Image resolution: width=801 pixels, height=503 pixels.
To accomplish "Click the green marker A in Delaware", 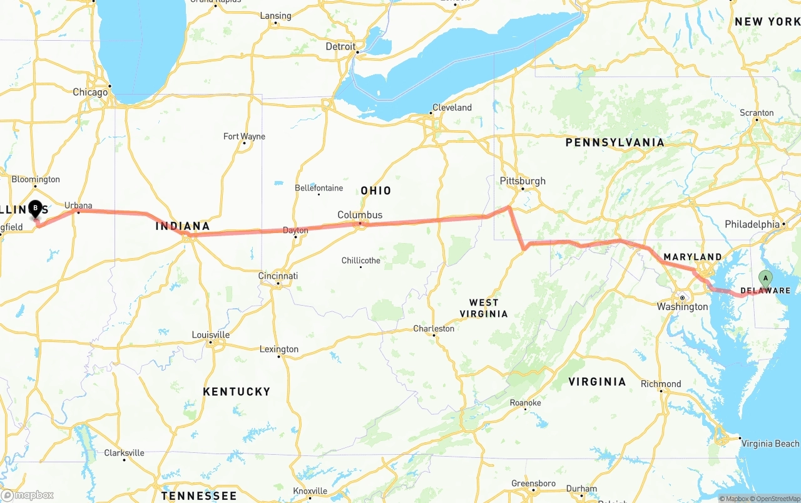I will tap(765, 278).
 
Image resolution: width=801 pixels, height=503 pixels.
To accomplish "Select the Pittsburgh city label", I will tap(523, 181).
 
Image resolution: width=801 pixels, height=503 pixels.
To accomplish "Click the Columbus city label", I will tap(360, 215).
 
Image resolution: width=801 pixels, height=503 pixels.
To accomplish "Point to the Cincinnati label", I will tap(278, 276).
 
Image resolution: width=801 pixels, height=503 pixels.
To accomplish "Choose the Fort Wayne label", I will tap(244, 137).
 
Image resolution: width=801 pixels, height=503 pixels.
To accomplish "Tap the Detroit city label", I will tap(340, 46).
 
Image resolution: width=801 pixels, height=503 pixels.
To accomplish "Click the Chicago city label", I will tap(90, 92).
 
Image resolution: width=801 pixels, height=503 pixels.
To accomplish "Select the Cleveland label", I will tap(452, 107).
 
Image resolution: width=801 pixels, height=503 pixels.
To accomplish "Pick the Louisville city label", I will tap(210, 334).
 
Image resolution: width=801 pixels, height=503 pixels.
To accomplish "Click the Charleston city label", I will tap(434, 328).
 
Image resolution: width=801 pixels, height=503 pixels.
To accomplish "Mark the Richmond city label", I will tap(661, 383).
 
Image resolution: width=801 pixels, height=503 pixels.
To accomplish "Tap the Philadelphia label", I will tap(752, 224).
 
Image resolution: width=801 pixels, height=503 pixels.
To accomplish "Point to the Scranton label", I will tap(757, 113).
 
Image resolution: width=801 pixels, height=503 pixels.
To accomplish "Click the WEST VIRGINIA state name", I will tap(484, 308).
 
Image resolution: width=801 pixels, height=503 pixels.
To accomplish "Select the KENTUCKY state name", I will tap(237, 392).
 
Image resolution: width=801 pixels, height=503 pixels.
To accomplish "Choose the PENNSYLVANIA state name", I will tap(615, 143).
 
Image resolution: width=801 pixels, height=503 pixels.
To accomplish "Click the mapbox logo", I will tap(28, 495).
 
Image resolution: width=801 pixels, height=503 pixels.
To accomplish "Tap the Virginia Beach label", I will tap(770, 443).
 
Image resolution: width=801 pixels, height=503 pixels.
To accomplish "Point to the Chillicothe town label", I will tap(360, 260).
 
